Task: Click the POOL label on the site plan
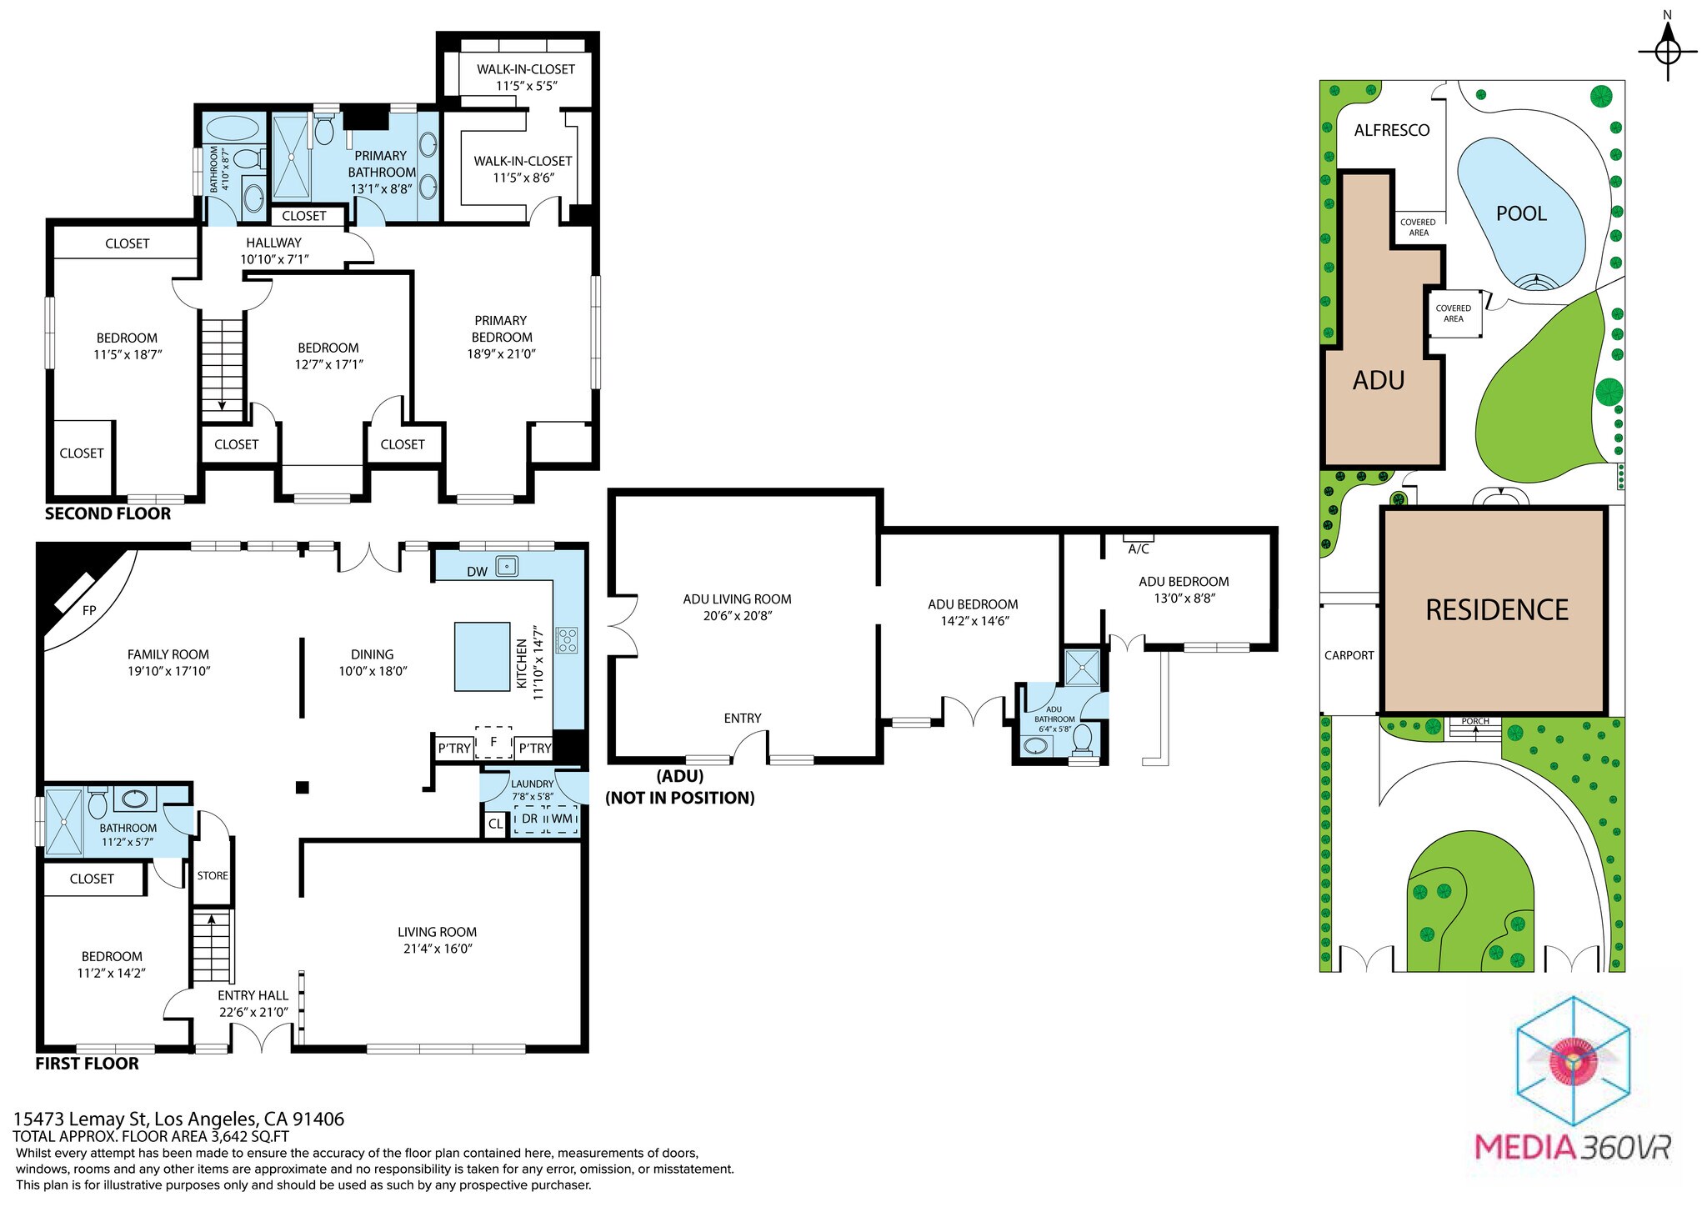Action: [x=1521, y=213]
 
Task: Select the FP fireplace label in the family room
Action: [x=89, y=610]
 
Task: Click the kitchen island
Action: [x=482, y=657]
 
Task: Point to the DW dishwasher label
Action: [x=477, y=572]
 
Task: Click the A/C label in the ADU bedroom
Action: [x=1139, y=548]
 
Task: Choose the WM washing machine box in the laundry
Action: [x=563, y=819]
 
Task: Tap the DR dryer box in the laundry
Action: [x=530, y=819]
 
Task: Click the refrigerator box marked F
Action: [x=493, y=741]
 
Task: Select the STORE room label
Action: [x=213, y=875]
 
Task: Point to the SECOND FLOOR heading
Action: [x=108, y=513]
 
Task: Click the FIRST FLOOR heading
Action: [x=87, y=1064]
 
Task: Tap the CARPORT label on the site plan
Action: [x=1349, y=655]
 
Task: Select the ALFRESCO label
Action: [x=1391, y=130]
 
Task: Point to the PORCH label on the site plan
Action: [x=1475, y=721]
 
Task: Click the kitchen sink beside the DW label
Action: [x=507, y=567]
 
